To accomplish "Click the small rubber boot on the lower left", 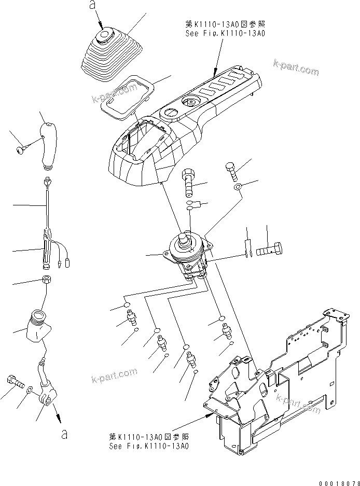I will [x=36, y=325].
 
